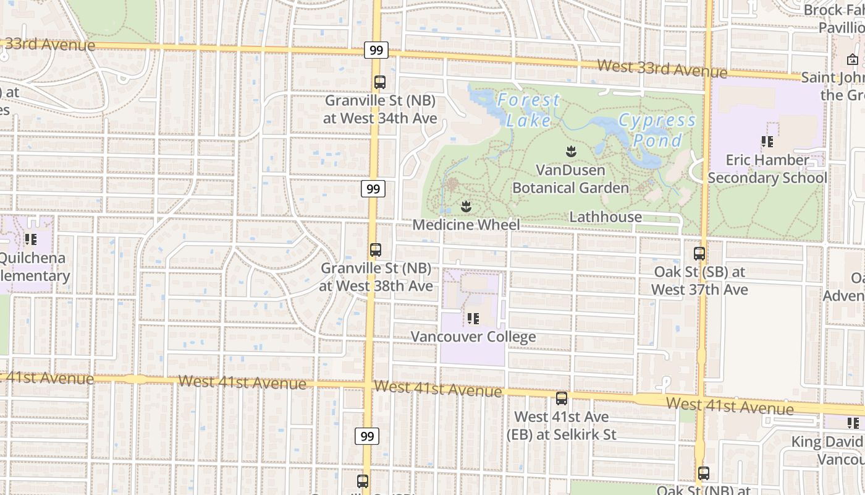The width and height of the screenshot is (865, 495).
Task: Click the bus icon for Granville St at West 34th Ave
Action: coord(380,82)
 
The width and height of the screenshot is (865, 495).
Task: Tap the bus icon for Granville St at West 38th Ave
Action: coord(376,250)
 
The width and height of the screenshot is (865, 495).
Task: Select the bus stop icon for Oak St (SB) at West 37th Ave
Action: coord(699,253)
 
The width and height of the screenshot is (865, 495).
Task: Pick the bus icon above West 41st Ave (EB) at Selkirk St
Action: coord(562,398)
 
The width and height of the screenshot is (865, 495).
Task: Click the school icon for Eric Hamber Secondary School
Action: coord(767,142)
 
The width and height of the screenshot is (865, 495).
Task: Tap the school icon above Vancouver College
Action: coord(473,319)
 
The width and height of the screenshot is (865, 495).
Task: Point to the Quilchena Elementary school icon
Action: coord(30,239)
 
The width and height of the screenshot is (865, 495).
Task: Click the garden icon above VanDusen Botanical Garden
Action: coord(571,150)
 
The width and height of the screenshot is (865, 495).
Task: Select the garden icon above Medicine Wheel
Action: coord(466,205)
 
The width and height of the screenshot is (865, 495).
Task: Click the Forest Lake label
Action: coord(528,110)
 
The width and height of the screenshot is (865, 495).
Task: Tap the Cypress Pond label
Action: coord(657,130)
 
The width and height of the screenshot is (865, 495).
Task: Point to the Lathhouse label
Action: coord(605,217)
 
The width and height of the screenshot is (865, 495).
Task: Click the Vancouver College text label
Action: coord(473,337)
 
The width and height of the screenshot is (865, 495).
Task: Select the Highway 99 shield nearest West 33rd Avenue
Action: coord(376,50)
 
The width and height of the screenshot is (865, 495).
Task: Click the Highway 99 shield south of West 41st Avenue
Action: coord(368,436)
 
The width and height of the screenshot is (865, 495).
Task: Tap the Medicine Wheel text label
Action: coord(466,225)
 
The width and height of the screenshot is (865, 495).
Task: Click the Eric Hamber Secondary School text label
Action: coord(767,169)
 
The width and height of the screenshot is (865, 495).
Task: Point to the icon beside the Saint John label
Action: coord(853,59)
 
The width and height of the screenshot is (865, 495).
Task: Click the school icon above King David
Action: coord(853,423)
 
